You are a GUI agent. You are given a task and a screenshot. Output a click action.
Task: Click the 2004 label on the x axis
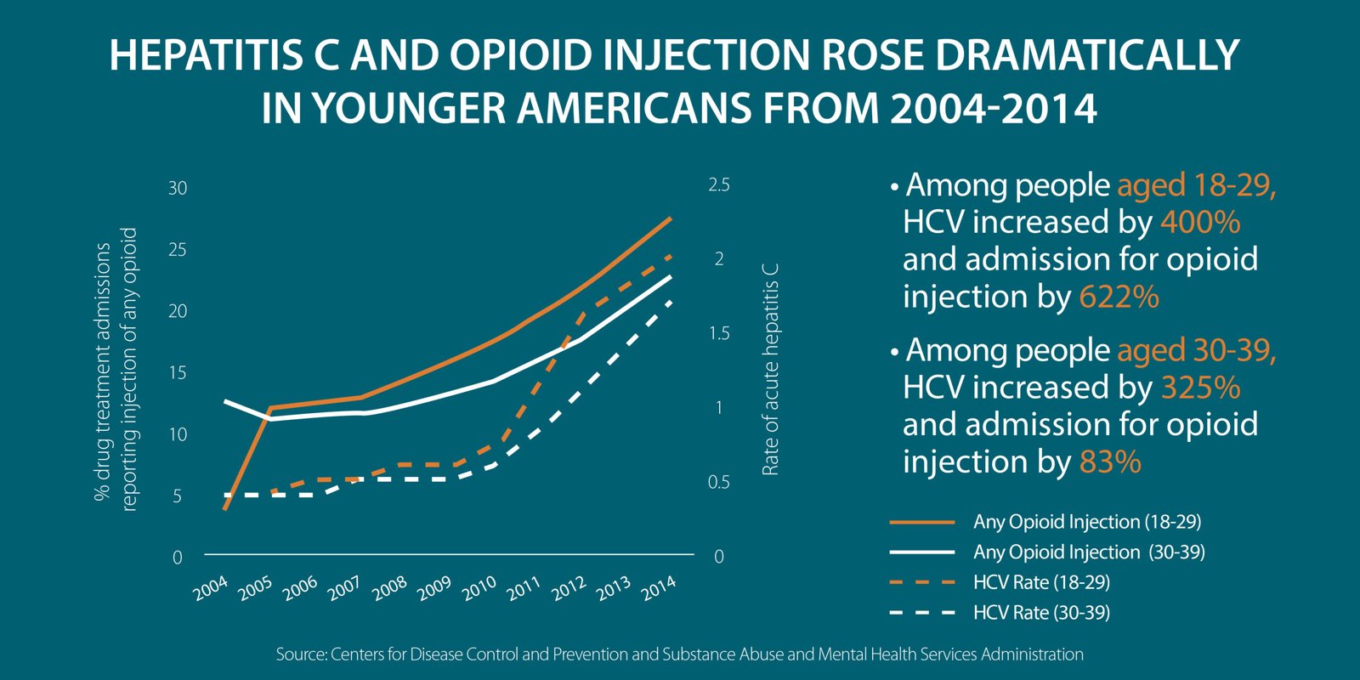211,588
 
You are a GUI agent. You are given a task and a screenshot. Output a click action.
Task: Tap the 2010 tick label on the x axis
479,588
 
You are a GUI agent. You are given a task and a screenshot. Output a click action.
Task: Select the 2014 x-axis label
659,587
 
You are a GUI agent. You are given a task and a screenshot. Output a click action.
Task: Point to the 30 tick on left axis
177,188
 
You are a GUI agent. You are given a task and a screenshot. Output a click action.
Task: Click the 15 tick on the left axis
177,372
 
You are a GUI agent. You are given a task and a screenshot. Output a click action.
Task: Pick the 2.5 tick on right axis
718,185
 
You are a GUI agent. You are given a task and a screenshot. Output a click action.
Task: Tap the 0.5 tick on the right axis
718,482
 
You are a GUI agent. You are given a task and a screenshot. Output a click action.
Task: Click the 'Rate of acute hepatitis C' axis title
770,370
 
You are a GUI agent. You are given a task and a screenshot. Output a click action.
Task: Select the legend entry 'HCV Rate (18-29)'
1041,582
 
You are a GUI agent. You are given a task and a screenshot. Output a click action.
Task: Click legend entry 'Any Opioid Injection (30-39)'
1089,552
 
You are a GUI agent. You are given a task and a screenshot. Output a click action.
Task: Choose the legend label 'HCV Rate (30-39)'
1041,613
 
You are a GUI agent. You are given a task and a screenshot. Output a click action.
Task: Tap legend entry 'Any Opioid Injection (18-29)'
1087,522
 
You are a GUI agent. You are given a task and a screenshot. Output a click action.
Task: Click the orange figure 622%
1119,297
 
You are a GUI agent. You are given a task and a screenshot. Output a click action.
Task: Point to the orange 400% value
1199,223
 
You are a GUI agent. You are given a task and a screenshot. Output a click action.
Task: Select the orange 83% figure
1109,462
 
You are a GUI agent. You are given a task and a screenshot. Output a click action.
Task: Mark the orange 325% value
1199,388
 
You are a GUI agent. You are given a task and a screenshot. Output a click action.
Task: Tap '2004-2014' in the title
993,109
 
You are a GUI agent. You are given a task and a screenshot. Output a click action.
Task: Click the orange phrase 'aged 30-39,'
1196,350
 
